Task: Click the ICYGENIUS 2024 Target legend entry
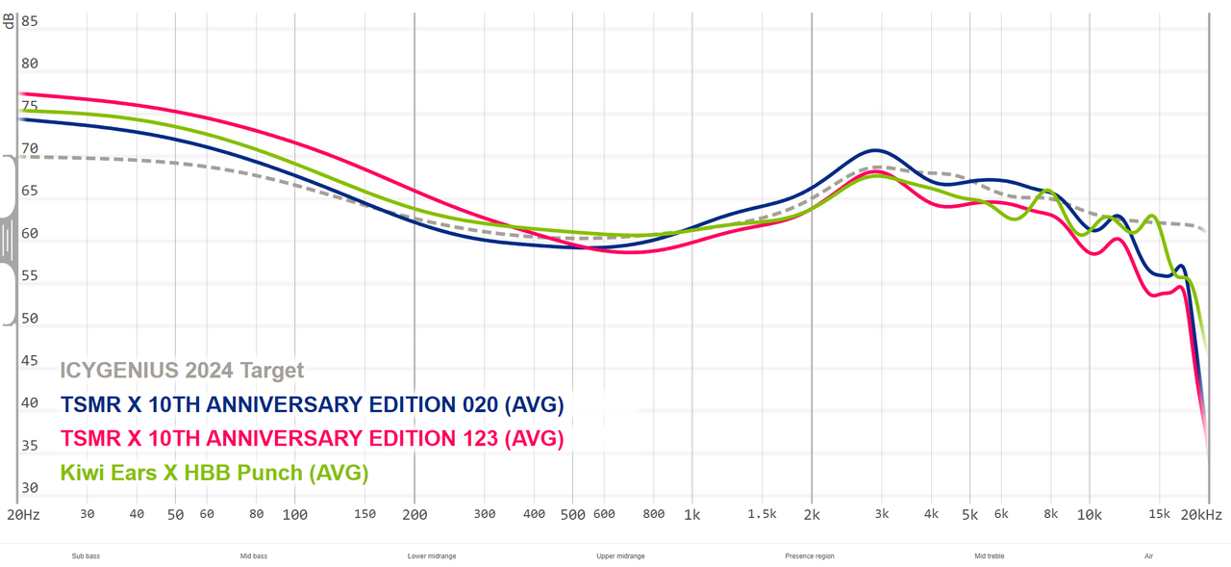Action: coord(182,370)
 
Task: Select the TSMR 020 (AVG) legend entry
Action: coord(312,404)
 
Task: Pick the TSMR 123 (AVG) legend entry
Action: coord(312,439)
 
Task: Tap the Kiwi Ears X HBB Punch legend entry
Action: coord(214,473)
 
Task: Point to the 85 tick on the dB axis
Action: coord(29,21)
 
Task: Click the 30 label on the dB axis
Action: coord(29,487)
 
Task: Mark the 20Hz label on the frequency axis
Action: coord(23,515)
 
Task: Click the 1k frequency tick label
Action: coord(691,515)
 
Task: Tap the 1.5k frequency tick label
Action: coord(762,515)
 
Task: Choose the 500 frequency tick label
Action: coord(572,515)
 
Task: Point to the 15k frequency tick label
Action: coord(1159,515)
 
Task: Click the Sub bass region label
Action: coord(86,556)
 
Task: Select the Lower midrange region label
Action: coord(432,556)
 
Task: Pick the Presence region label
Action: coord(810,556)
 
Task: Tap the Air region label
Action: coord(1148,556)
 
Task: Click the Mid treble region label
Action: coord(990,556)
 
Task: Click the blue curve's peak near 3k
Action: coord(875,150)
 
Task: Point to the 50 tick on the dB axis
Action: coord(29,318)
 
